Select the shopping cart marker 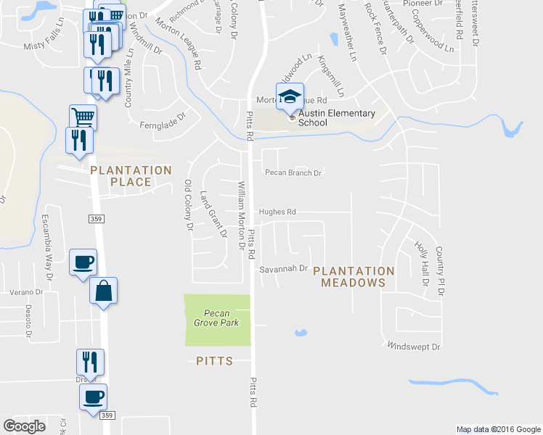[83, 117]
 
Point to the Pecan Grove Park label [216, 318]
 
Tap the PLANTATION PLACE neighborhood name [131, 176]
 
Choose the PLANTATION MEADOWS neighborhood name [358, 276]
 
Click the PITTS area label [214, 360]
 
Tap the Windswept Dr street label [415, 347]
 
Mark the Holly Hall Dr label [422, 264]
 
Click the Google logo [24, 426]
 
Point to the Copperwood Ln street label [428, 40]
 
